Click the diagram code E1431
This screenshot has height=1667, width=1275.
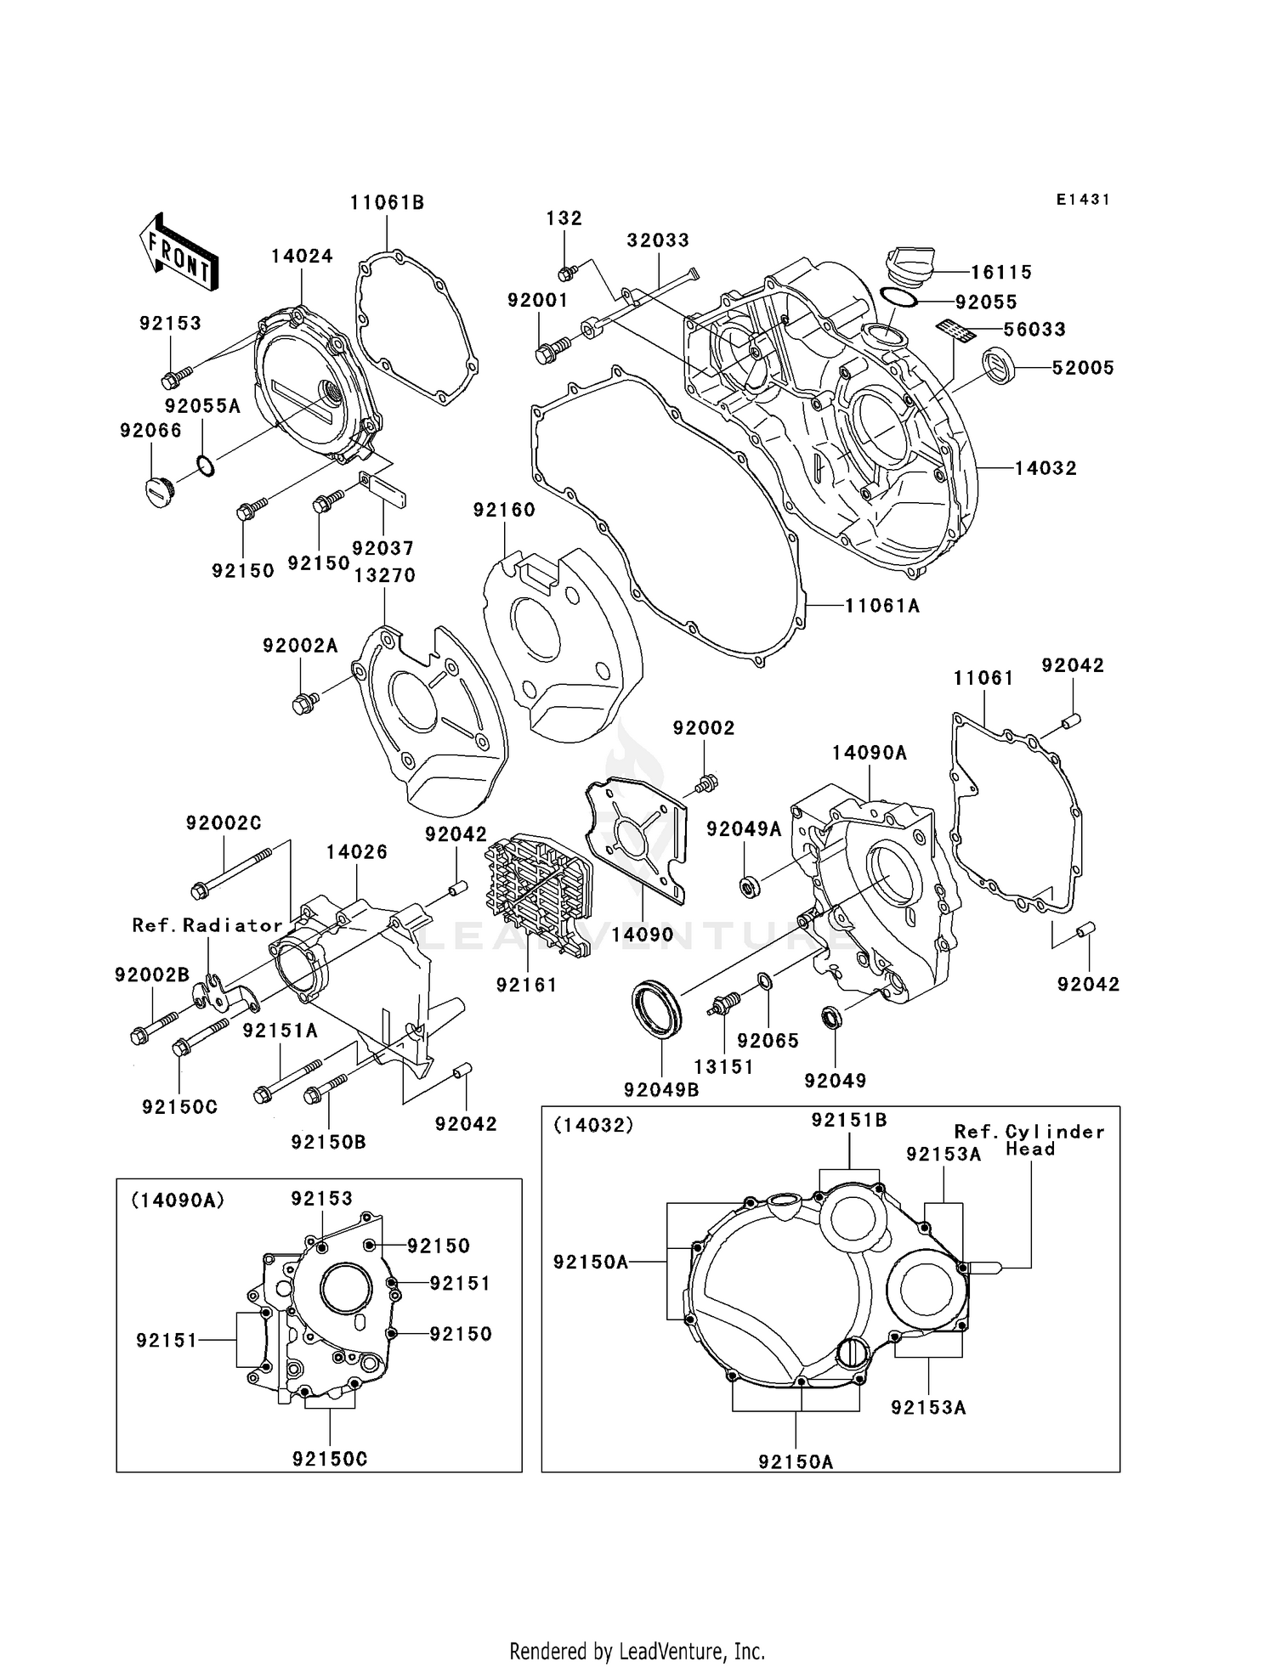pyautogui.click(x=1083, y=200)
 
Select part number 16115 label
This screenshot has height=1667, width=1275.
pyautogui.click(x=1003, y=272)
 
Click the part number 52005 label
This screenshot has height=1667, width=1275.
pyautogui.click(x=1082, y=368)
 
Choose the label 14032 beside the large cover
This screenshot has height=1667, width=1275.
pyautogui.click(x=1045, y=468)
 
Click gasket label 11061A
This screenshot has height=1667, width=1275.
pyautogui.click(x=882, y=606)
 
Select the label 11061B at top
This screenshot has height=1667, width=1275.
pyautogui.click(x=387, y=202)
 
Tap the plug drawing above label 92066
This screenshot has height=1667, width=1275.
pyautogui.click(x=157, y=492)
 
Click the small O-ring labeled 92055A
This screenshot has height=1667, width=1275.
pyautogui.click(x=205, y=465)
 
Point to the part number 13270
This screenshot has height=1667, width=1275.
pyautogui.click(x=384, y=575)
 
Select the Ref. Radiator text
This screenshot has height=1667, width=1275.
pyautogui.click(x=207, y=925)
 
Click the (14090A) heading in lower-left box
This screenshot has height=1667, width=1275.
pyautogui.click(x=177, y=1200)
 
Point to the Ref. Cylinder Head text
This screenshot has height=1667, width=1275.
pyautogui.click(x=1029, y=1140)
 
